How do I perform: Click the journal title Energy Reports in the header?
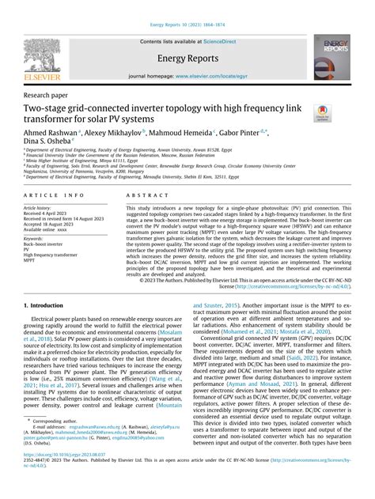coord(187,59)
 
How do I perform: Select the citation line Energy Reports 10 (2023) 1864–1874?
coord(187,13)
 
